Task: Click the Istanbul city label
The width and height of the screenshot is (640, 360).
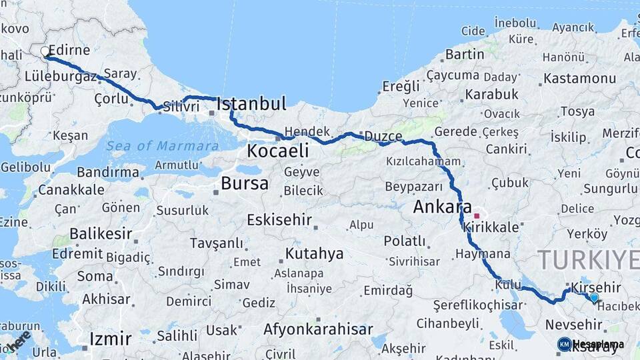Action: pos(252,104)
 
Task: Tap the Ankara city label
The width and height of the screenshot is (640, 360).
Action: pos(442,207)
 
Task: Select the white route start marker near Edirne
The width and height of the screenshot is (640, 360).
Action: pos(45,51)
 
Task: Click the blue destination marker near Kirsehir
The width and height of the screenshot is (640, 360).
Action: pos(594,297)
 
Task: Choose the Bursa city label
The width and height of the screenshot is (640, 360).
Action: pos(245,183)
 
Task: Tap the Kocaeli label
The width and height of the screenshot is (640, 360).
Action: pos(278,151)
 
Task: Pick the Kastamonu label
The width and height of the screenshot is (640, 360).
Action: pos(579,78)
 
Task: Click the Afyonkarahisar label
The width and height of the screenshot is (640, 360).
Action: pos(318,329)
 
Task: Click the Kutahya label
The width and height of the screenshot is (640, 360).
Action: pos(314,254)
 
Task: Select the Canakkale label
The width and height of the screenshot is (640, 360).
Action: pos(71,189)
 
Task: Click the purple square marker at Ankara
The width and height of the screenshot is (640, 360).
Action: pos(476,216)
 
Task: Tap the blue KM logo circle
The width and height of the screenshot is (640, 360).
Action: pos(564,344)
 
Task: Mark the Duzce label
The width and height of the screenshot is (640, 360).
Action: pos(383,136)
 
